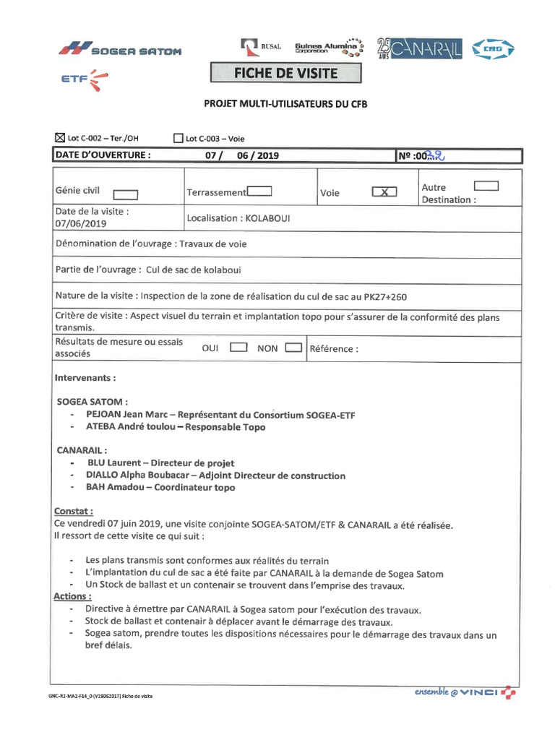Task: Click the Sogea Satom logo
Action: point(120,50)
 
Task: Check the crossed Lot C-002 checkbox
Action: point(60,137)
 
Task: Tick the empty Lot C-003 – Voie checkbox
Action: point(178,138)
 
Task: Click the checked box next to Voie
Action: point(384,192)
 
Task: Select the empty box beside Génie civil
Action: point(126,194)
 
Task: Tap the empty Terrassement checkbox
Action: point(259,192)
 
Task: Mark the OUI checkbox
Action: point(238,348)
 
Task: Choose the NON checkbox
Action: point(293,348)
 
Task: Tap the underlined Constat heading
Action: point(73,512)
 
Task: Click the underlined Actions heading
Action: point(72,596)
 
